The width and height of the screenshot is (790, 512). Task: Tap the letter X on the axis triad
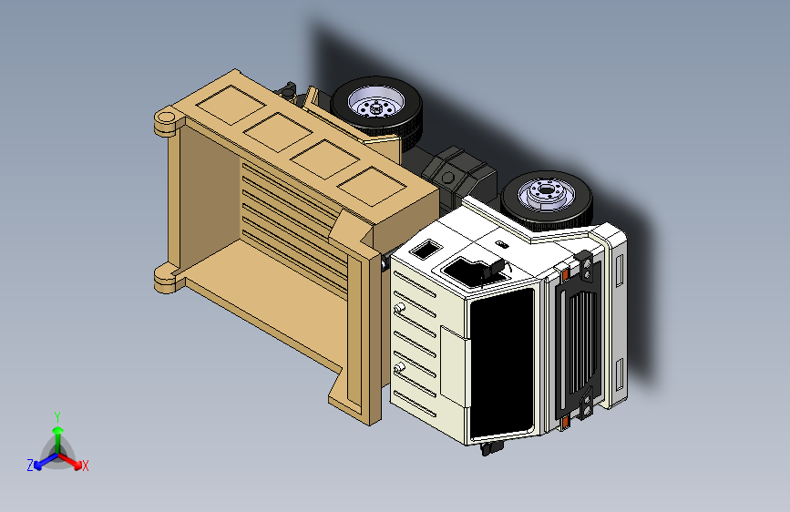pos(85,466)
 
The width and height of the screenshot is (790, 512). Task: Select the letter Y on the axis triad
pos(57,416)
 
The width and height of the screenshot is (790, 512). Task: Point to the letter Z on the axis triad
pos(30,466)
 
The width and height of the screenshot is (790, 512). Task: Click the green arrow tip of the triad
pos(58,431)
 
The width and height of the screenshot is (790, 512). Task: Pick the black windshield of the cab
pos(502,364)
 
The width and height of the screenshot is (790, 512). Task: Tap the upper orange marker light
pos(565,274)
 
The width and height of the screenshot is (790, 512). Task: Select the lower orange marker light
pos(565,421)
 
